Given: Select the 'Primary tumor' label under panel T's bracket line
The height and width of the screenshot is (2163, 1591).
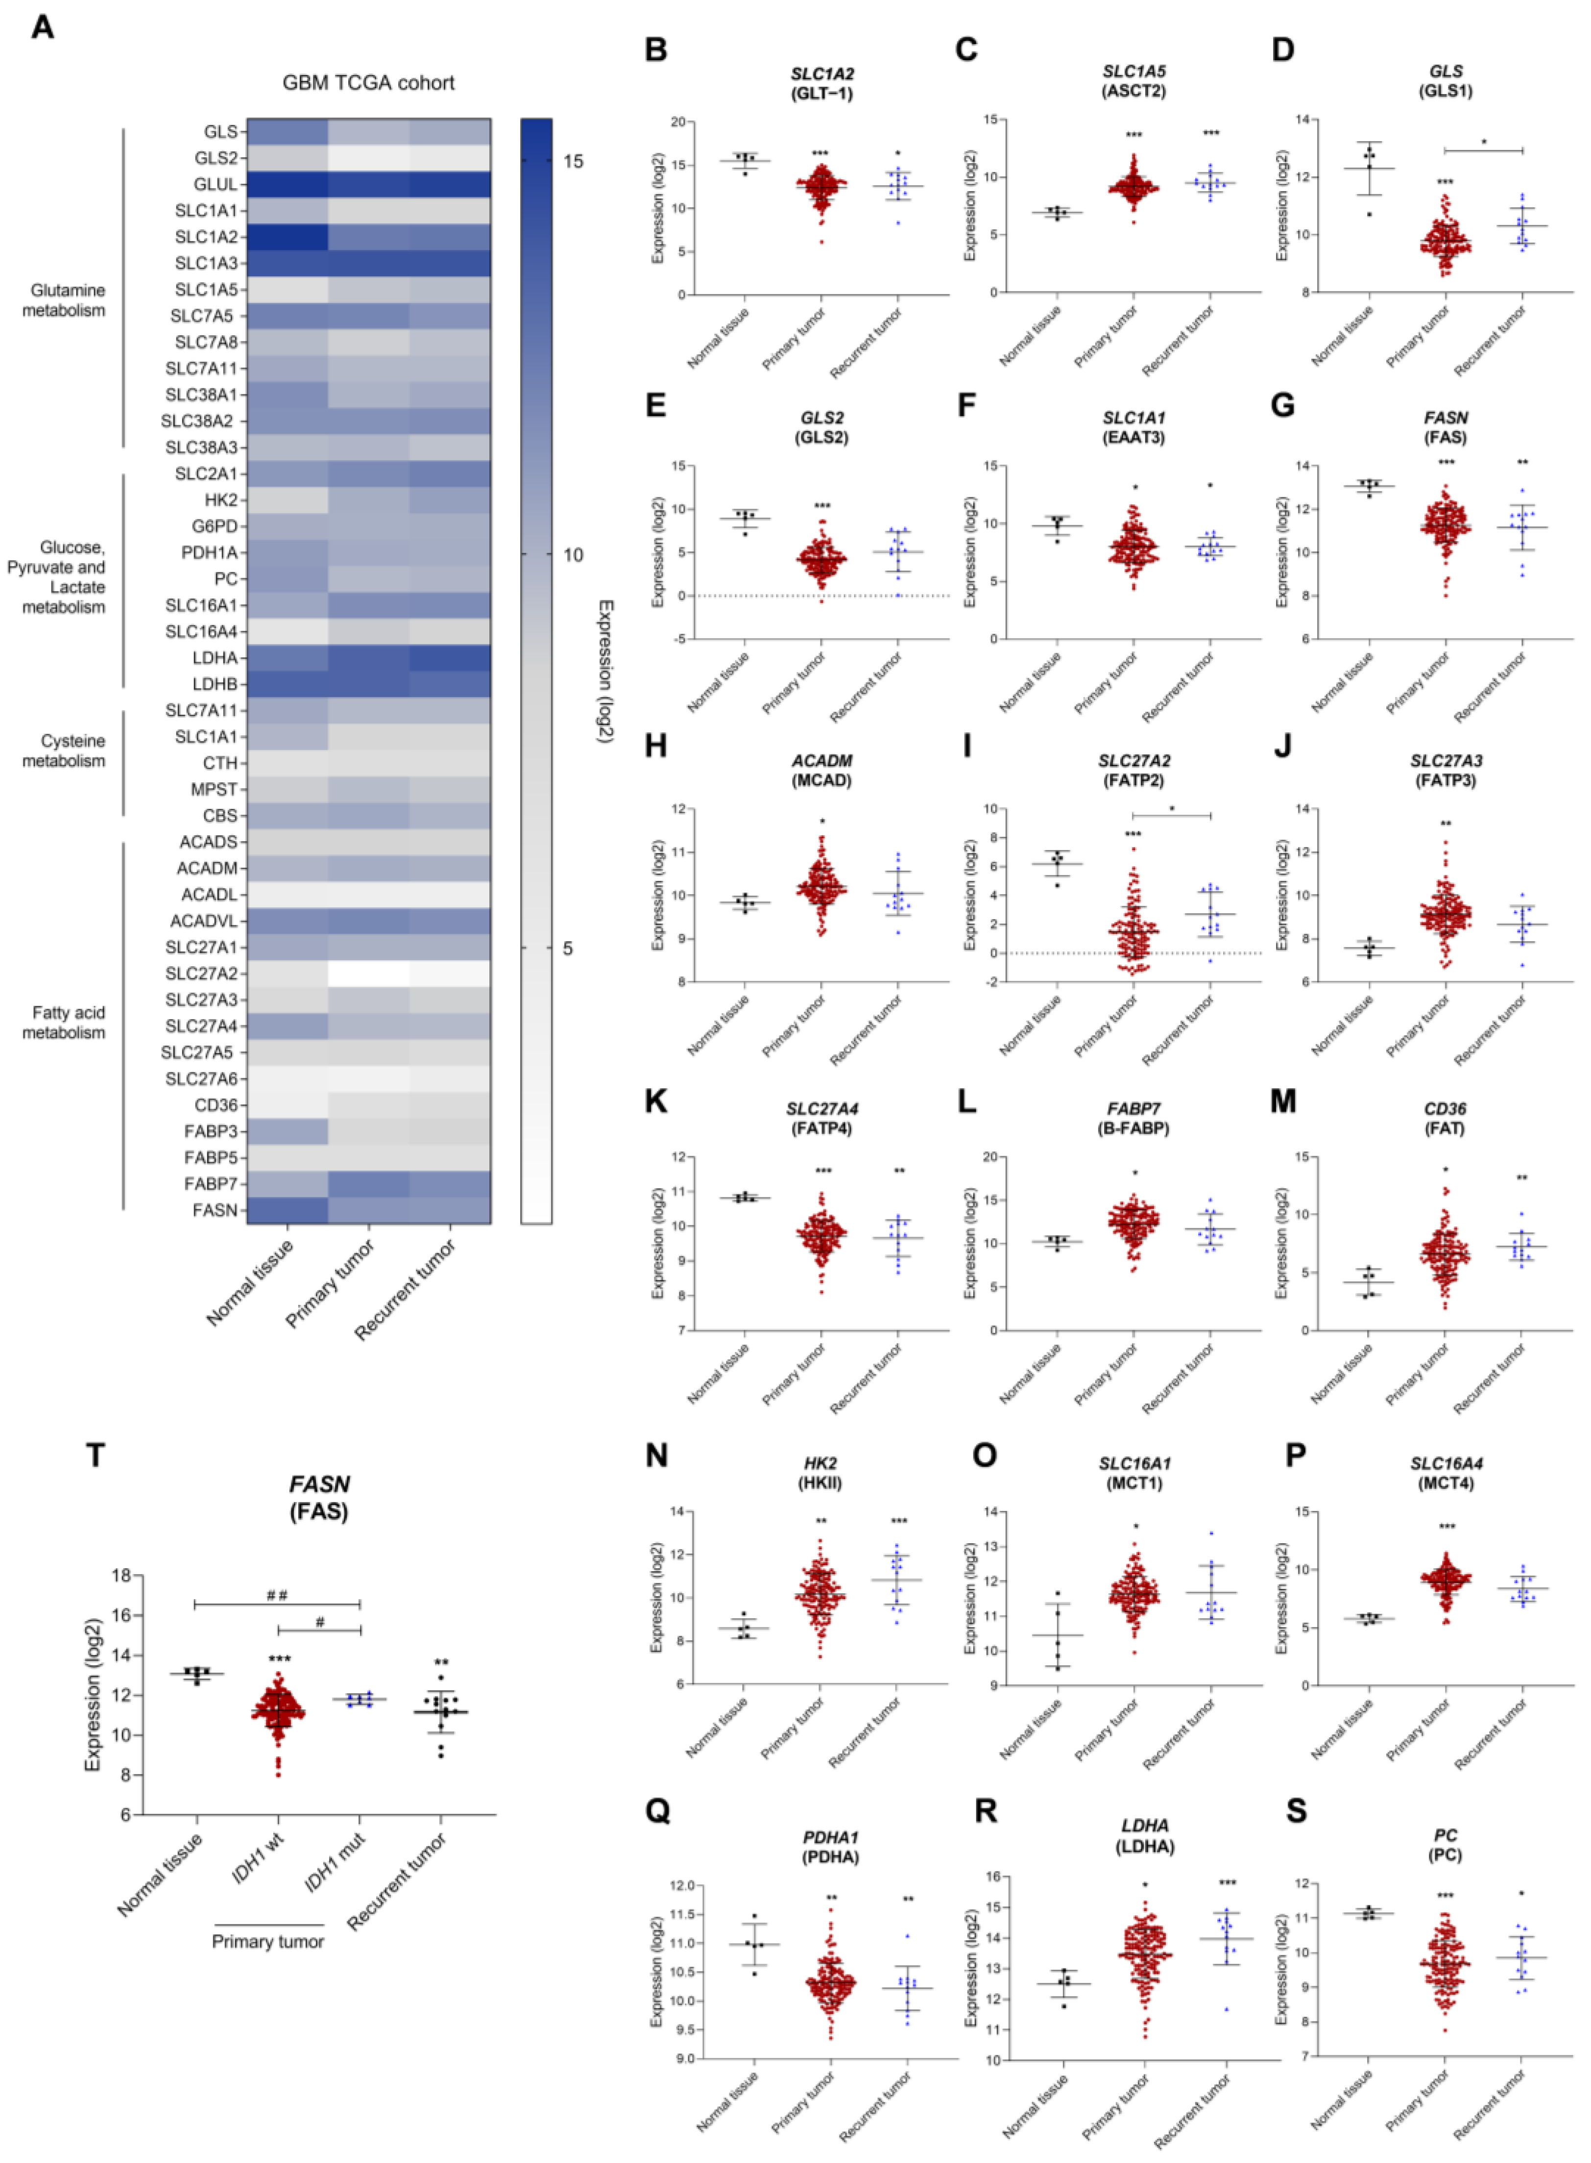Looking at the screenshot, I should coord(268,1942).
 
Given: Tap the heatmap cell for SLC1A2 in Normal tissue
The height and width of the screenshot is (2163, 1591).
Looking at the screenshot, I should coord(287,237).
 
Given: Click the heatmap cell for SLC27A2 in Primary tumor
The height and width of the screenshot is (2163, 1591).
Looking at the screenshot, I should coord(369,973).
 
